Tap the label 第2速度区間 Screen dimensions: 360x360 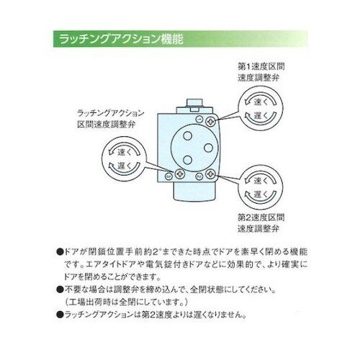[260, 216]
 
